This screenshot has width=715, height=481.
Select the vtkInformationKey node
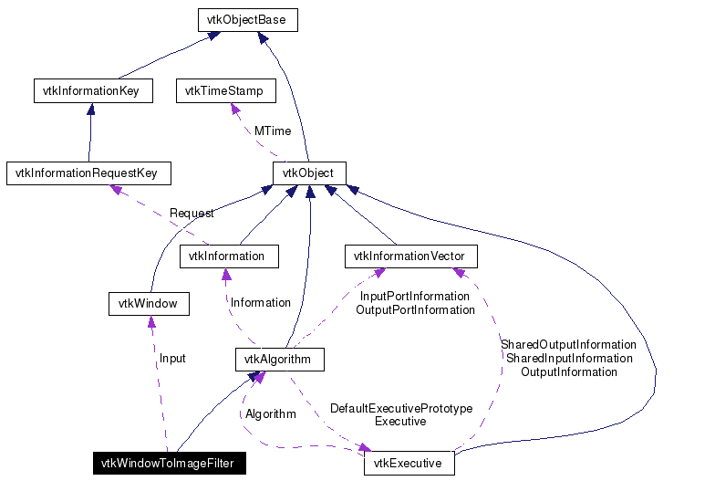(x=91, y=91)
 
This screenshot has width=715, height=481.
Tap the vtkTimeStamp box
(x=223, y=91)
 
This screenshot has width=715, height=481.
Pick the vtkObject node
(x=308, y=173)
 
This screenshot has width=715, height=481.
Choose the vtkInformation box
(x=226, y=256)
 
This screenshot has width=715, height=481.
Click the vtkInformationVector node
(x=410, y=256)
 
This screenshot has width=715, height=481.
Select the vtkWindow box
(x=148, y=303)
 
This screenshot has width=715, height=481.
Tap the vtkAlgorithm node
(x=277, y=360)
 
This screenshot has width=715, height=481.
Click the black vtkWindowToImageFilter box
(x=167, y=464)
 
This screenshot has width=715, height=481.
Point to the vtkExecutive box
(x=409, y=464)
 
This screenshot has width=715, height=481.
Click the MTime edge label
(x=272, y=131)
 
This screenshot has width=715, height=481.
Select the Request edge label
(x=192, y=214)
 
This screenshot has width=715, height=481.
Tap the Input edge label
(x=172, y=359)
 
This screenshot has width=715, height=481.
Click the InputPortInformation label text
(x=415, y=297)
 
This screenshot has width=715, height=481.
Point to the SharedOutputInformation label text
(x=568, y=345)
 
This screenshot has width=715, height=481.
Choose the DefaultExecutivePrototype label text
(x=401, y=409)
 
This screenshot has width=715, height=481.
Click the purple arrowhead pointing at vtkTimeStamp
(x=236, y=109)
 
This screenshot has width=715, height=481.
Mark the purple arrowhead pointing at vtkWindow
(x=151, y=321)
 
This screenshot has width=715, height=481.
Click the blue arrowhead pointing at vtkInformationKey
(x=90, y=109)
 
